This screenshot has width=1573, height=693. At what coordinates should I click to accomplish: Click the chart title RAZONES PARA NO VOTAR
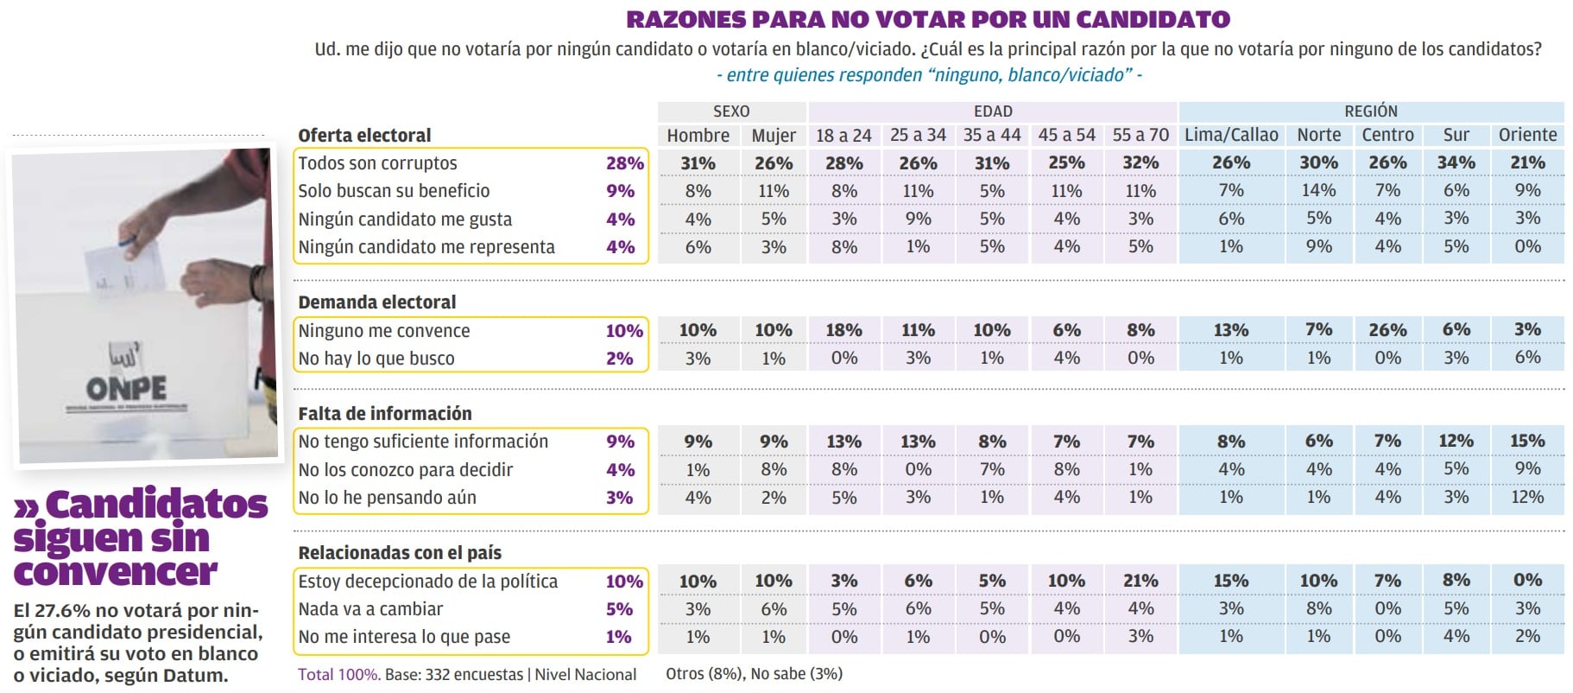pos(928,19)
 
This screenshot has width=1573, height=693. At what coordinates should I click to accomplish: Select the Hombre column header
pos(698,136)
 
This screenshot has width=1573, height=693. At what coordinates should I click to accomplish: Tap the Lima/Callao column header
pos(1231,136)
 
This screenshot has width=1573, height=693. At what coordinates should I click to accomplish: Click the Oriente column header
pos(1527,136)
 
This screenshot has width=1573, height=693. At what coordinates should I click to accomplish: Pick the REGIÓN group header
pos(1370,111)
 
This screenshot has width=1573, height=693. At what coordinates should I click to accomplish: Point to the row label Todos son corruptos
pos(377,163)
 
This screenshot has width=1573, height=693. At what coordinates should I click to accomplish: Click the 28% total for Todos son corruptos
pos(624,163)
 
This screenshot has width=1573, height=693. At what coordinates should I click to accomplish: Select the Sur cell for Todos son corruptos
pos(1456,162)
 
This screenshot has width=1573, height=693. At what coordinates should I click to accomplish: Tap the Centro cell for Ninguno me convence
pos(1387,330)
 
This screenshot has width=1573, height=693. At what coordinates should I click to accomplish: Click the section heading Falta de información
pos(385,414)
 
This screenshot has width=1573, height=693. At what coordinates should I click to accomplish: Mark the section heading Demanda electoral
pos(377,302)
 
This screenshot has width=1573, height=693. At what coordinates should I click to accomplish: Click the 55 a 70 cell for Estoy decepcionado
pos(1140,581)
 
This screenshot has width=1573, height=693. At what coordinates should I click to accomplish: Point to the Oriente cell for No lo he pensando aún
pos(1527,497)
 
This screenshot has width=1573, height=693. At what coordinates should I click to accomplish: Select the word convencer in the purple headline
pos(116,572)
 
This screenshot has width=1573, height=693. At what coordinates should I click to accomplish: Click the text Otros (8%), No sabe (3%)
pos(754,674)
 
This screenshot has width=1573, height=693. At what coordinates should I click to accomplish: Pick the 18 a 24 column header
pos(843,136)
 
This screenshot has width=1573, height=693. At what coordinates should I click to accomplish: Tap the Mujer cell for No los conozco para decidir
pos(774,469)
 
